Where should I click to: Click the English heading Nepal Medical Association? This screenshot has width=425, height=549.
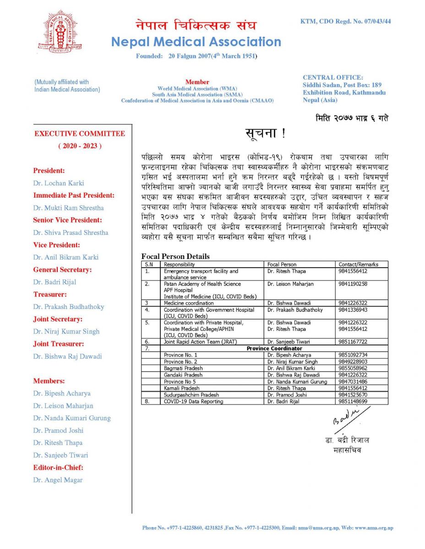(196, 42)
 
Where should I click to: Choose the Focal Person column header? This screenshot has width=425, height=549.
(282, 264)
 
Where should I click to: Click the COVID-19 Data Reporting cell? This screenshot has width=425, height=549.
(193, 402)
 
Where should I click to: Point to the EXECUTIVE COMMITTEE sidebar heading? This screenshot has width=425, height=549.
(80, 134)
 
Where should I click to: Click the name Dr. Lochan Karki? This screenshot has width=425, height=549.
(59, 183)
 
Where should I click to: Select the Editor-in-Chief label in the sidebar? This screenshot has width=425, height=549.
(58, 468)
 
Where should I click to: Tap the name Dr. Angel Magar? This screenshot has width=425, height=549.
(58, 480)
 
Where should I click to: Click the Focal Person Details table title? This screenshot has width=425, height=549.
(175, 257)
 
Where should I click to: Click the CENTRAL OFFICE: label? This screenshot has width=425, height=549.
(332, 78)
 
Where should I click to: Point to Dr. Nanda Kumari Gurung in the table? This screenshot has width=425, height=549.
(297, 382)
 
